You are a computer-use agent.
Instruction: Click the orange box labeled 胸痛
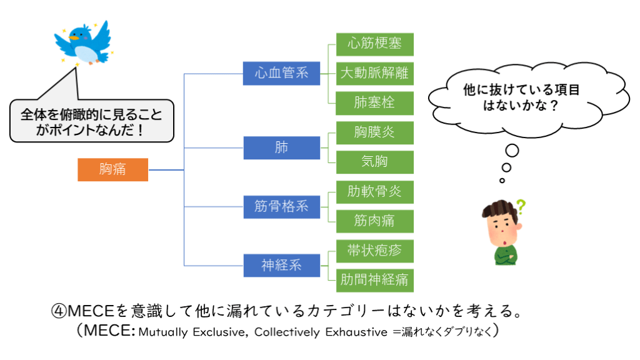coord(112,169)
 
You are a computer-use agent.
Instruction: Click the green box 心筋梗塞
coord(374,44)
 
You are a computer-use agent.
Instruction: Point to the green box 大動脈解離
coord(374,73)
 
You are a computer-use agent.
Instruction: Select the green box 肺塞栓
coord(374,102)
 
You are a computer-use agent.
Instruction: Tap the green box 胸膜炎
coord(374,132)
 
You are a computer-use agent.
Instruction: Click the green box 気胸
coord(374,162)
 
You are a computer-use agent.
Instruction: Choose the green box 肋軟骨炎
coord(374,191)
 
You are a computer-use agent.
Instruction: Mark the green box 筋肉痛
coord(374,221)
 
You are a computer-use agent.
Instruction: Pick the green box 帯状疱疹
coord(374,251)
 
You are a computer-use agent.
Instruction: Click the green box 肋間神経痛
coord(374,279)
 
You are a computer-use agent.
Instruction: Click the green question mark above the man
coord(519,206)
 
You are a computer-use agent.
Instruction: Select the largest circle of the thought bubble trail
coord(512,151)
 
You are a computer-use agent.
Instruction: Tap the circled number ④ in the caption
coord(57,311)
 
